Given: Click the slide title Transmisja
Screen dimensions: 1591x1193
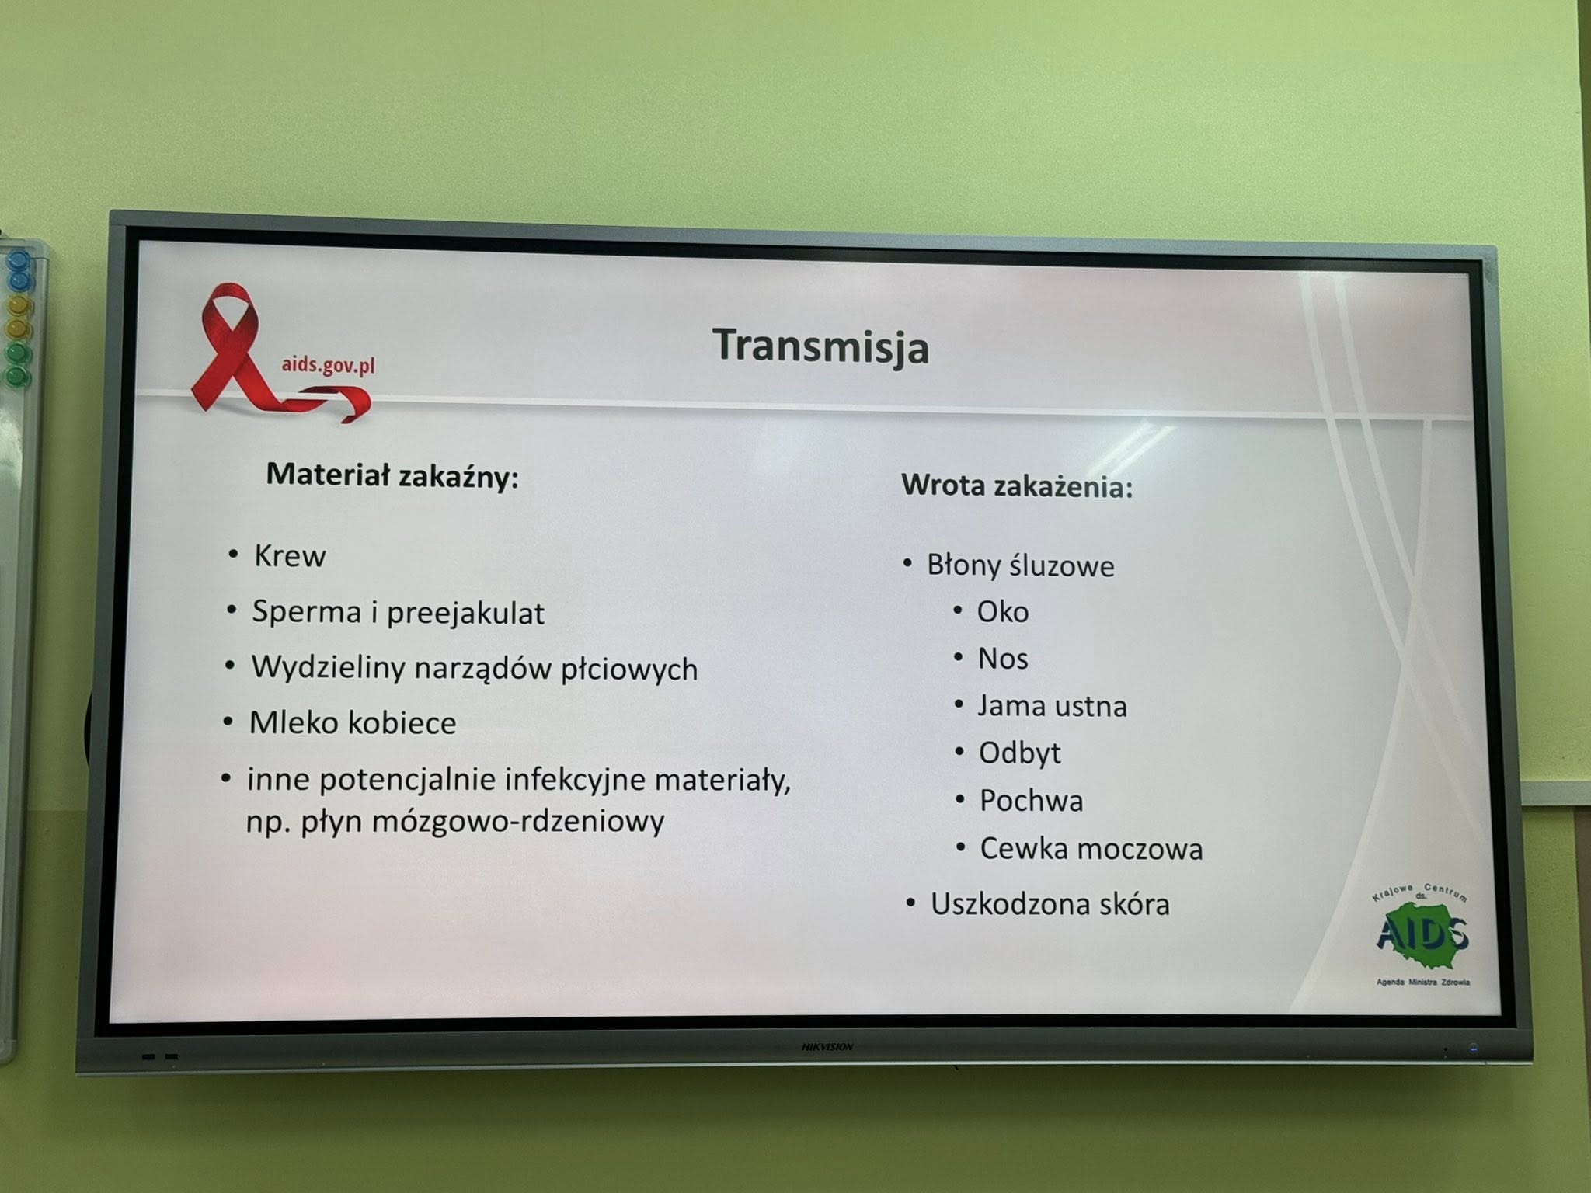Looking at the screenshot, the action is coord(821,346).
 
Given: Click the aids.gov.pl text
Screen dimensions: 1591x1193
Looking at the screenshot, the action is coord(328,365).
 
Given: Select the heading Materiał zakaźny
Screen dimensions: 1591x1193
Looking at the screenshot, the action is coord(392,475).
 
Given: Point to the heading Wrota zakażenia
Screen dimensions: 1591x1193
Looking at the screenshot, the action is coord(1017,486).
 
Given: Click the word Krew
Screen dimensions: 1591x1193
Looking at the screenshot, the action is coord(290,556).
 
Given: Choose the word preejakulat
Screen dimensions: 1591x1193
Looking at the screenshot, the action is coord(465,614).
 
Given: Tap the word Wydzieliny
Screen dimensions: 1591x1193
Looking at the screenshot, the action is coord(326,668).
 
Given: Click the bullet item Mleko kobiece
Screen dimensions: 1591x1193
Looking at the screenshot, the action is coord(352,723).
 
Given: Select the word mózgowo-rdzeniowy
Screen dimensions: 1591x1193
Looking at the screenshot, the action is coord(518,821).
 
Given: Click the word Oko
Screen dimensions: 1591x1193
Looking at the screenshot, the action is coord(1003,612).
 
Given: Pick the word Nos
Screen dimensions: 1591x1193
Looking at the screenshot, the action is coord(1003,659).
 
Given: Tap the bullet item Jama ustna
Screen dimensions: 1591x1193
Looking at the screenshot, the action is coord(1052,706).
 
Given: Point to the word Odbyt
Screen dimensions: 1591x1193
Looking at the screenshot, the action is coord(1019,753).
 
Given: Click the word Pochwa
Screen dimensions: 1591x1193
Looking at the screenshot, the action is coord(1031,801).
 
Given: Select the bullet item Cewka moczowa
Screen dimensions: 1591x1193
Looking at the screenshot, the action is coord(1091,849).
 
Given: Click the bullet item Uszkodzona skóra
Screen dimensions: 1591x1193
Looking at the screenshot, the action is coord(1050,904).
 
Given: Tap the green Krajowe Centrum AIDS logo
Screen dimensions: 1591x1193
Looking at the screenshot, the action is coord(1422,934).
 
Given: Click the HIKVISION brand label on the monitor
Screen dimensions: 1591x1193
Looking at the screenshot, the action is coord(827,1048).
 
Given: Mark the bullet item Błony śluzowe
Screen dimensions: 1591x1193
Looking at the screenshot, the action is coord(1020,566).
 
